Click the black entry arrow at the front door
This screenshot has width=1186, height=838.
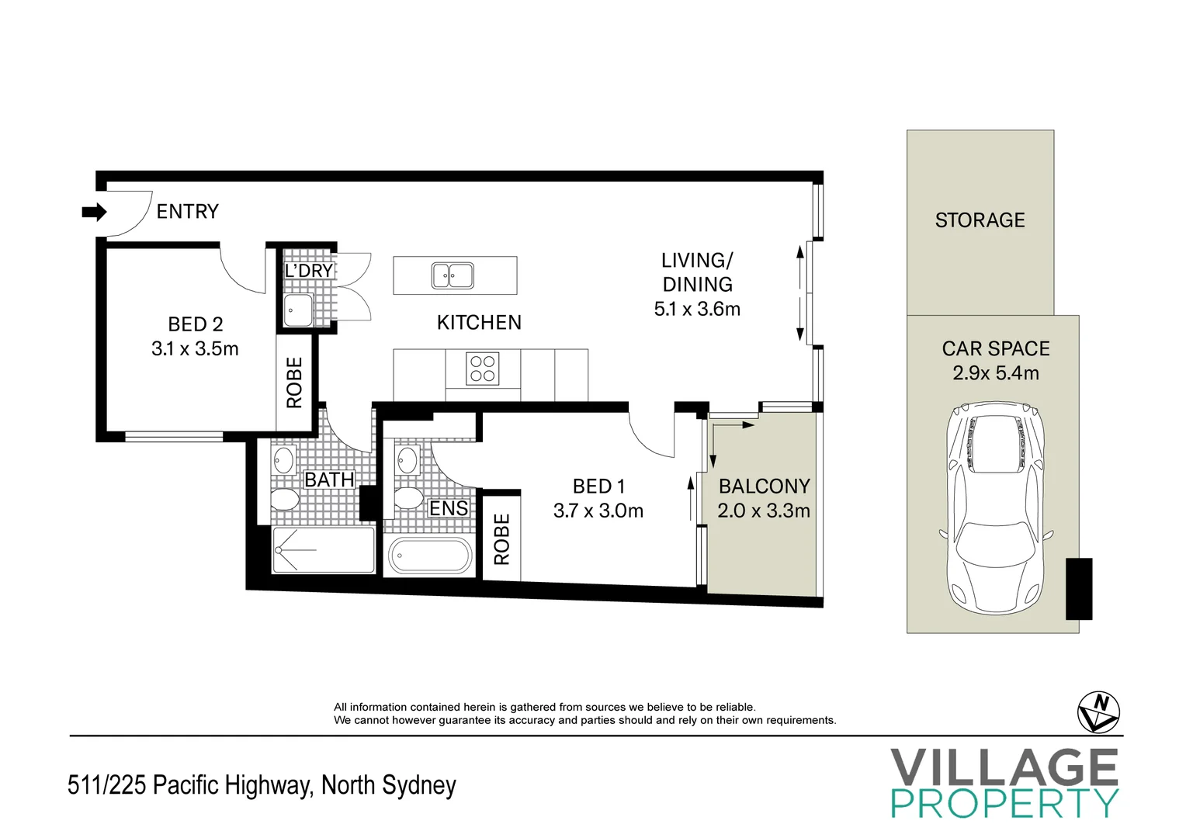94,212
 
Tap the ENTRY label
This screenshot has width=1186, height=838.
187,211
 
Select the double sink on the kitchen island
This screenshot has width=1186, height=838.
453,275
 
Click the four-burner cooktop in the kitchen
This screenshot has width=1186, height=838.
482,369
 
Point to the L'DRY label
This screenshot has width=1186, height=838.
309,271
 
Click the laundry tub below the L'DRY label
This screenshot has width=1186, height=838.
298,310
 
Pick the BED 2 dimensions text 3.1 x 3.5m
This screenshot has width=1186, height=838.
195,349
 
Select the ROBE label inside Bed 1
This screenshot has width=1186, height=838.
501,538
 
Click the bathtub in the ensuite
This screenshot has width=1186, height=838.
429,556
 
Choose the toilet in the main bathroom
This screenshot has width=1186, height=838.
285,499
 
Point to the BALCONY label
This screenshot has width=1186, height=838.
764,487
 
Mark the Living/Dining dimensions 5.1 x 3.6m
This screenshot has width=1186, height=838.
697,309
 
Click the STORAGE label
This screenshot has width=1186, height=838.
980,220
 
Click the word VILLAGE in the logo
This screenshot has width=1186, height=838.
1004,767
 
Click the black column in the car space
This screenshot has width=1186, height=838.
1078,589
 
